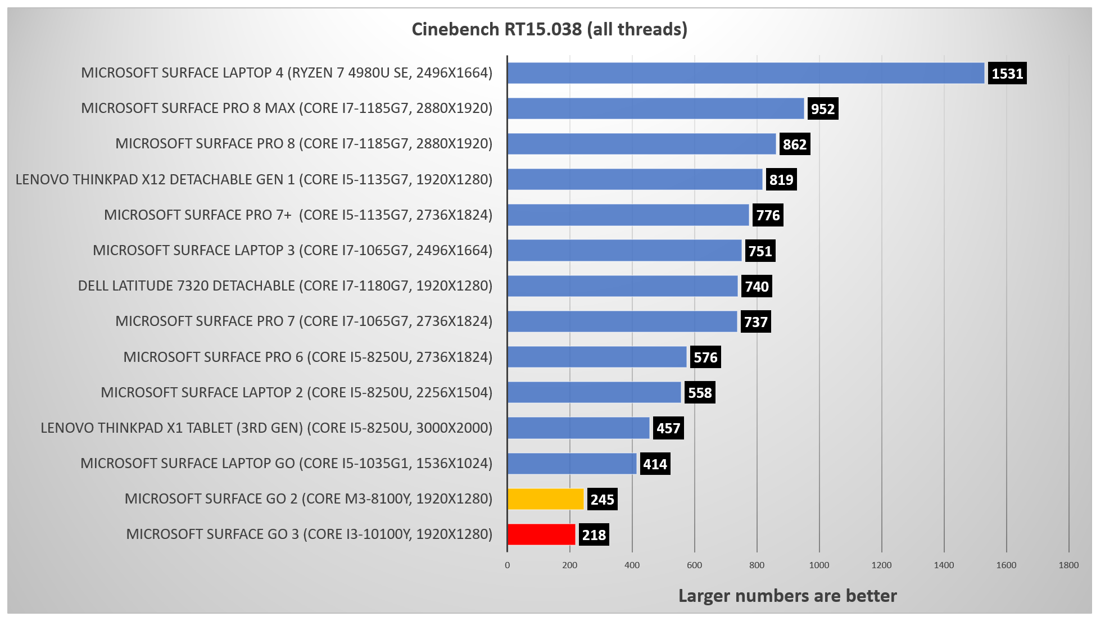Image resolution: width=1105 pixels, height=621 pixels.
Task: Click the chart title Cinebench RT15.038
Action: click(549, 29)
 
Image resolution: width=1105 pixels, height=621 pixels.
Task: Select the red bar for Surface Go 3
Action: click(541, 534)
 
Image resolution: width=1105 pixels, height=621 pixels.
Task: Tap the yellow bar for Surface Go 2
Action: click(546, 499)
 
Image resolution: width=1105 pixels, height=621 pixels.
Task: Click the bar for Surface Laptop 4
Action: click(745, 73)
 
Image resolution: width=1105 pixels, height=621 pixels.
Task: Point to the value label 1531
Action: click(1007, 74)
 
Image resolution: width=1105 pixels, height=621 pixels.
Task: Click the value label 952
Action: click(822, 109)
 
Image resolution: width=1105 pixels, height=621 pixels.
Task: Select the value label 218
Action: click(594, 535)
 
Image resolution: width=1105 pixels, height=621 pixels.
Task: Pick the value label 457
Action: click(668, 428)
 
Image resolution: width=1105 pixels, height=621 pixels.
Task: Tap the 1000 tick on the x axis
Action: click(819, 565)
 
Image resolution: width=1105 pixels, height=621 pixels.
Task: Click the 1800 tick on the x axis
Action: click(1068, 565)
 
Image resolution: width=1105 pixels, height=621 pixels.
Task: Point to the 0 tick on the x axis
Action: click(508, 565)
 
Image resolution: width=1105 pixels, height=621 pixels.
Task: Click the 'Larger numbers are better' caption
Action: click(787, 596)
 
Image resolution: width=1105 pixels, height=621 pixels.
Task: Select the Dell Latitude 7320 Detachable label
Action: click(285, 286)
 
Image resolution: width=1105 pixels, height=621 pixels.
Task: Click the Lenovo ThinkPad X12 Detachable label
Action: click(253, 180)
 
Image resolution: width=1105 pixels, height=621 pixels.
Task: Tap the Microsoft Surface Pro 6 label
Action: click(307, 357)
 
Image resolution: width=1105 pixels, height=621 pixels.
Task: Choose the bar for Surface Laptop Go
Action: click(572, 464)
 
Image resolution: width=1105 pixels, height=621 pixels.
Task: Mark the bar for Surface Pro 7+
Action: click(628, 215)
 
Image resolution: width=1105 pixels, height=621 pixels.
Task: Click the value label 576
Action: click(705, 357)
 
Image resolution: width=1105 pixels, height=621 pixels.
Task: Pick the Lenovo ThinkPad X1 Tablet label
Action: click(266, 428)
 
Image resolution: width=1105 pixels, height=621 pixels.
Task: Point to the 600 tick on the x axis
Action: click(694, 565)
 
